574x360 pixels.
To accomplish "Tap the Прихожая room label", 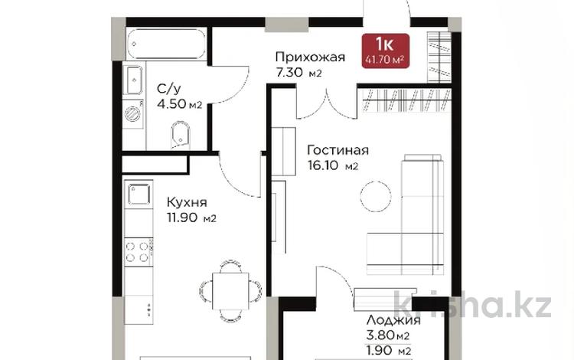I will (310, 57).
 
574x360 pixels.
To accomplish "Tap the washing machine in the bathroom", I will (133, 114).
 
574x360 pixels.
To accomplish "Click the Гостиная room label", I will (338, 150).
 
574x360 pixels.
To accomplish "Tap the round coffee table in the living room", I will (376, 195).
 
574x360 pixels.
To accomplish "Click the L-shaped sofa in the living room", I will (413, 222).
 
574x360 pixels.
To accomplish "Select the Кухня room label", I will (186, 203).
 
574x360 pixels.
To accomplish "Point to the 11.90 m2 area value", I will (191, 218).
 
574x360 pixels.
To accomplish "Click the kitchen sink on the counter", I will (139, 195).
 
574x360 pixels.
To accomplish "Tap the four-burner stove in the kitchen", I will (139, 253).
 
